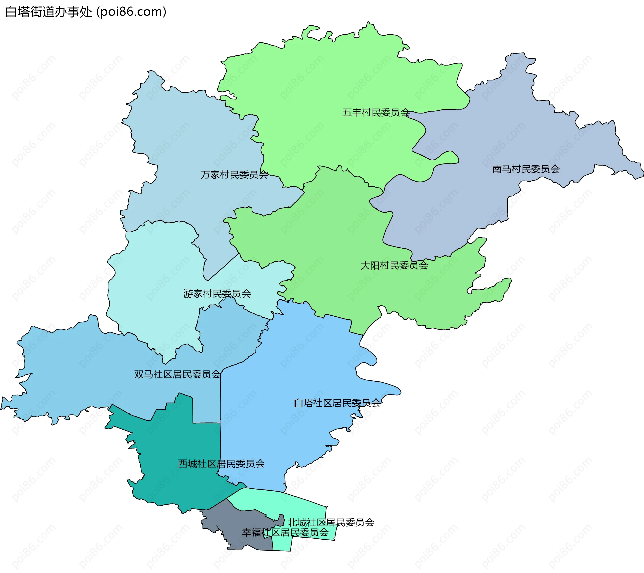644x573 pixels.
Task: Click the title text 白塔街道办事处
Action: click(x=49, y=12)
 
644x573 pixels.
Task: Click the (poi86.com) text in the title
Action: click(x=131, y=12)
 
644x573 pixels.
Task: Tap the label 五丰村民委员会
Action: click(x=376, y=112)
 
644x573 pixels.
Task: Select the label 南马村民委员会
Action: click(x=526, y=169)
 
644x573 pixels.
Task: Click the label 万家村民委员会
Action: click(x=234, y=175)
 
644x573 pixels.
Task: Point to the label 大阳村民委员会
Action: click(x=394, y=265)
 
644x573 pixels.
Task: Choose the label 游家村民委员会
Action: click(x=217, y=294)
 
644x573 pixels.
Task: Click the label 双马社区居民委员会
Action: click(x=177, y=374)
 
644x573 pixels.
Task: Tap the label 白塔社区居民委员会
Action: click(x=337, y=403)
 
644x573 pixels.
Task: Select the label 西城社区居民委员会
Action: click(x=221, y=464)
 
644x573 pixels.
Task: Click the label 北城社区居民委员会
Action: click(x=331, y=522)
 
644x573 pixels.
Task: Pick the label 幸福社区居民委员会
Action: click(x=285, y=532)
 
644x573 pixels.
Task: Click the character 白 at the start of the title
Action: click(x=11, y=12)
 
